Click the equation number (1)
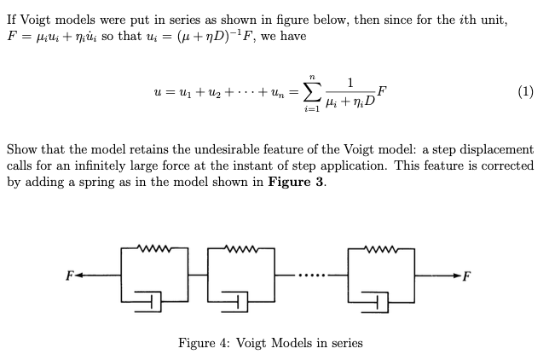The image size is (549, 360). [525, 91]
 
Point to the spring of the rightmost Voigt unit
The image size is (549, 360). [380, 250]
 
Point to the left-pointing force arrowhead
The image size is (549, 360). [79, 275]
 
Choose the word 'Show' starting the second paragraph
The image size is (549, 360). [22, 149]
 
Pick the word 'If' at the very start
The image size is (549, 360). [12, 19]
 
